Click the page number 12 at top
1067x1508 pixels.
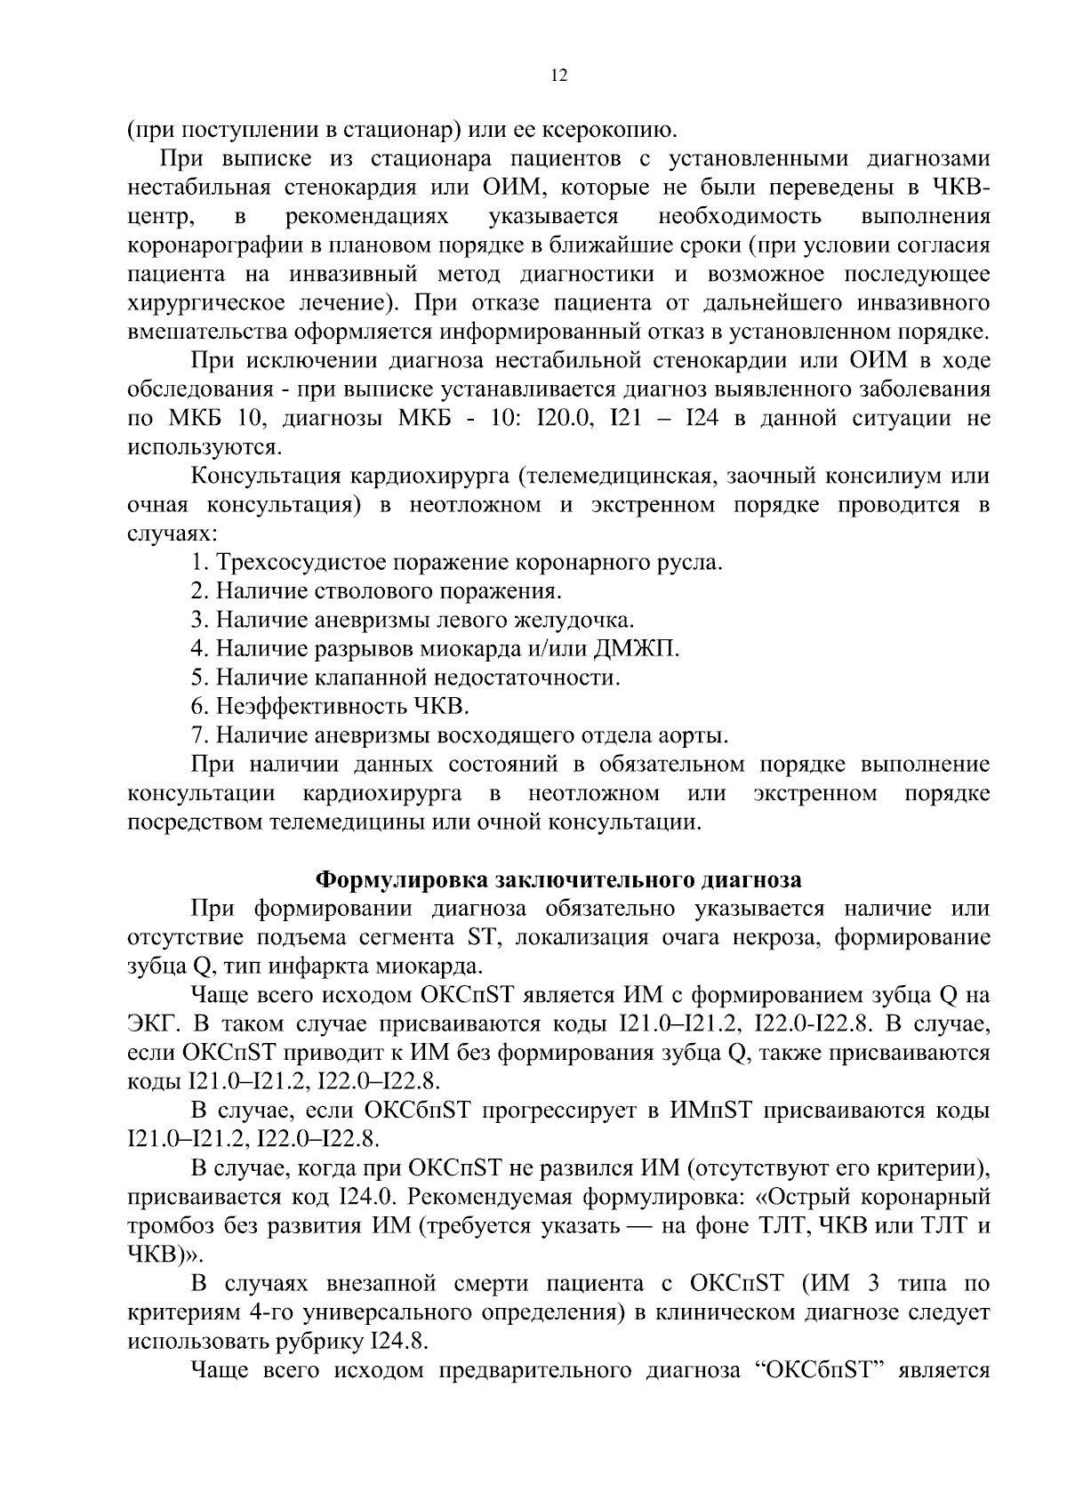tap(559, 76)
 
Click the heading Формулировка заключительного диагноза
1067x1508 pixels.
tap(559, 879)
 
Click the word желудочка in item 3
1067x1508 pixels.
tap(582, 620)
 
